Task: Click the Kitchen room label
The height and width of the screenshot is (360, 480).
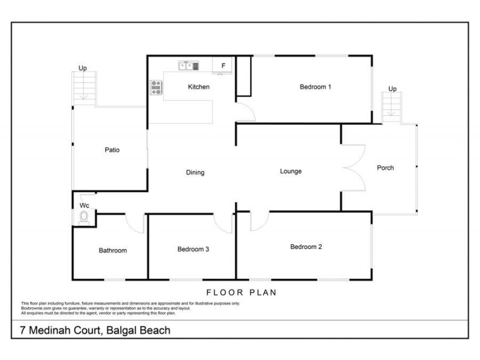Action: point(199,87)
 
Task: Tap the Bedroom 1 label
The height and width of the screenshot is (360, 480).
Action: point(316,87)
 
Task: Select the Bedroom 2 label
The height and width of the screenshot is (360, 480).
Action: point(307,247)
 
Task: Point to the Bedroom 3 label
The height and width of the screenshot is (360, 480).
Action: point(193,250)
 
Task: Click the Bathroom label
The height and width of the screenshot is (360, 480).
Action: point(113,251)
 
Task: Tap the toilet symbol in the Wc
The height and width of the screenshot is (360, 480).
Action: point(84,217)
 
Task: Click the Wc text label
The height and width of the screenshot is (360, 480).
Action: point(84,205)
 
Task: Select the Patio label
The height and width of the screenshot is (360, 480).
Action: point(112,150)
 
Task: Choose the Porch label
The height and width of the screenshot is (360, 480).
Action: point(385,168)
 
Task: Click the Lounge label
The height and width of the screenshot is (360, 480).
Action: point(290,172)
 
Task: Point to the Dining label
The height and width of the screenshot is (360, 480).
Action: point(195,173)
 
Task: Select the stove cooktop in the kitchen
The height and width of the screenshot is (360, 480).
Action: point(156,88)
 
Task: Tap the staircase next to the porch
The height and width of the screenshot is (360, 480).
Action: point(392,108)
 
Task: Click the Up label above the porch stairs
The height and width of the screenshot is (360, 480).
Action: point(392,89)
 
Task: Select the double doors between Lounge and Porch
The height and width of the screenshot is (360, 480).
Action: point(351,167)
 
